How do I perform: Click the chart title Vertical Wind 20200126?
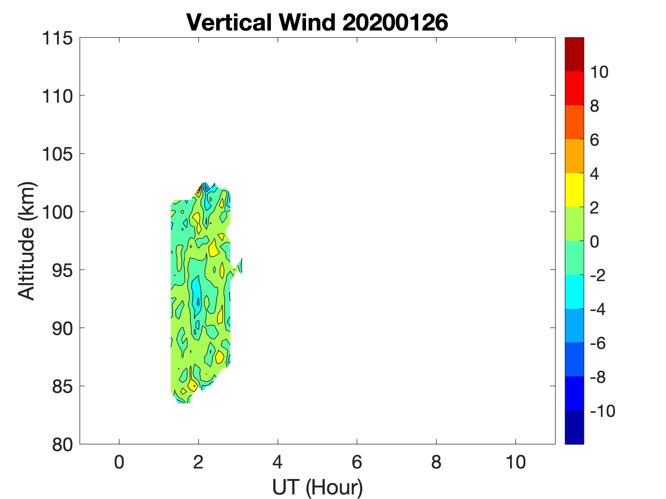[x=317, y=22]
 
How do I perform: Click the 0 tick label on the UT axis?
[x=119, y=462]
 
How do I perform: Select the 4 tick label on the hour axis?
[x=277, y=462]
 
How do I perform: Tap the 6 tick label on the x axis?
[x=357, y=462]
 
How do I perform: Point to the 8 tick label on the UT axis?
[x=436, y=462]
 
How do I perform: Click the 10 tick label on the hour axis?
[x=516, y=462]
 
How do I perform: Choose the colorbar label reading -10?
[x=602, y=411]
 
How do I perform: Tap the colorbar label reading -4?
[x=598, y=309]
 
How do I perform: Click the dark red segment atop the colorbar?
[x=574, y=54]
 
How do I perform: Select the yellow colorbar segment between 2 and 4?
[x=574, y=190]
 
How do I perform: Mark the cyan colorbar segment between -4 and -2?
[x=574, y=292]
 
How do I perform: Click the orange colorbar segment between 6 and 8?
[x=574, y=122]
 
